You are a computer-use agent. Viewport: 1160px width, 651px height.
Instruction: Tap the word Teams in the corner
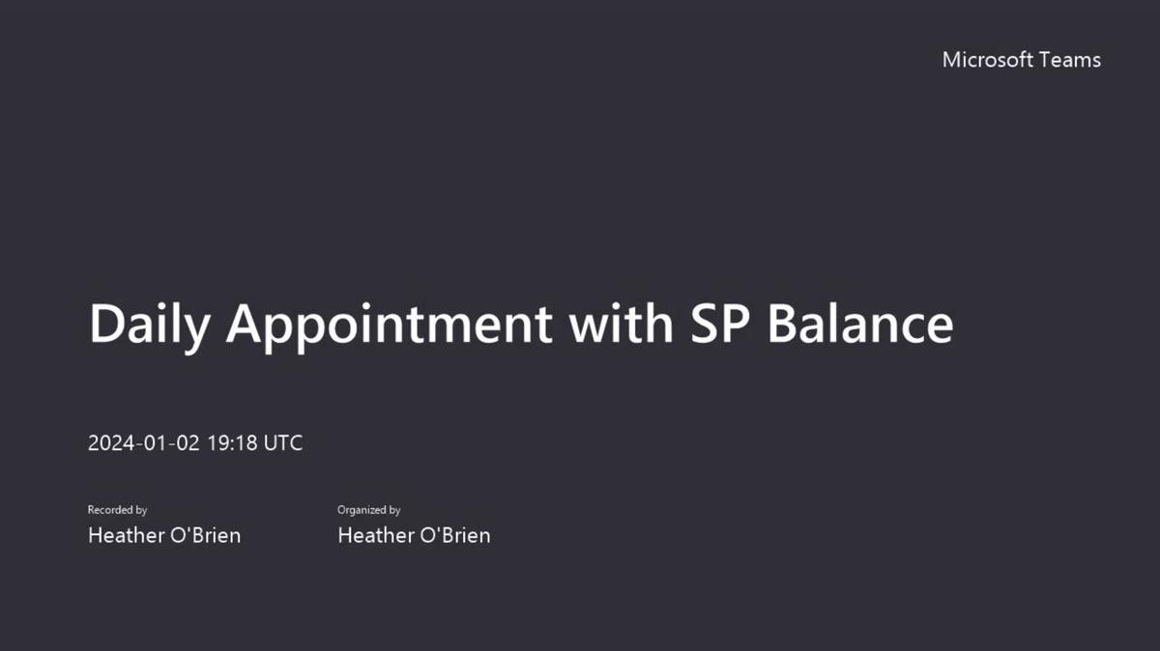(1070, 60)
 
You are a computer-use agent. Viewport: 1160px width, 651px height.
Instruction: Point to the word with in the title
(621, 324)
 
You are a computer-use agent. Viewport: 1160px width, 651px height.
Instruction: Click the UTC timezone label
(283, 443)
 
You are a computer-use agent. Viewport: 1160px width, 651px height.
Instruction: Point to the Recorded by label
(117, 510)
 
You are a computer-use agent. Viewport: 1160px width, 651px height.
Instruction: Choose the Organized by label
(368, 510)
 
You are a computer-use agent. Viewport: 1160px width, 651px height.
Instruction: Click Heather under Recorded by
(124, 535)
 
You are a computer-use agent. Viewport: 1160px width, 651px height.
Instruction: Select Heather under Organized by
(373, 535)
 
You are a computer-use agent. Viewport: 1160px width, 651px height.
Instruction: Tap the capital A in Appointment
(246, 324)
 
